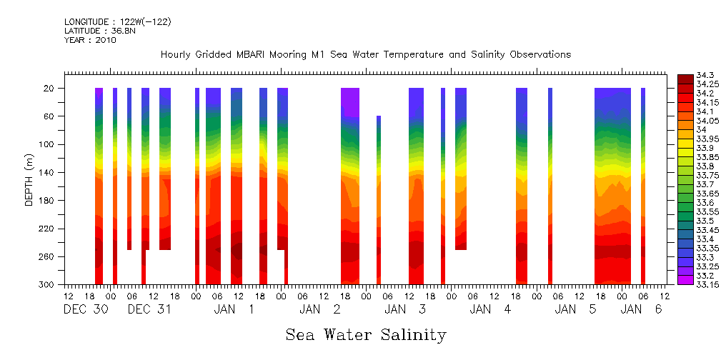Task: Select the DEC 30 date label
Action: [85, 309]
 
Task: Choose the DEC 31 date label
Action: [149, 309]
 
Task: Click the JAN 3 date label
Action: [405, 309]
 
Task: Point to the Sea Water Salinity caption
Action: [366, 335]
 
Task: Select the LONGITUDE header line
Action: [117, 22]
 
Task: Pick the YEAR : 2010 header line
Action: [90, 40]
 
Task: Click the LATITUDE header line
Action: [98, 31]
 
